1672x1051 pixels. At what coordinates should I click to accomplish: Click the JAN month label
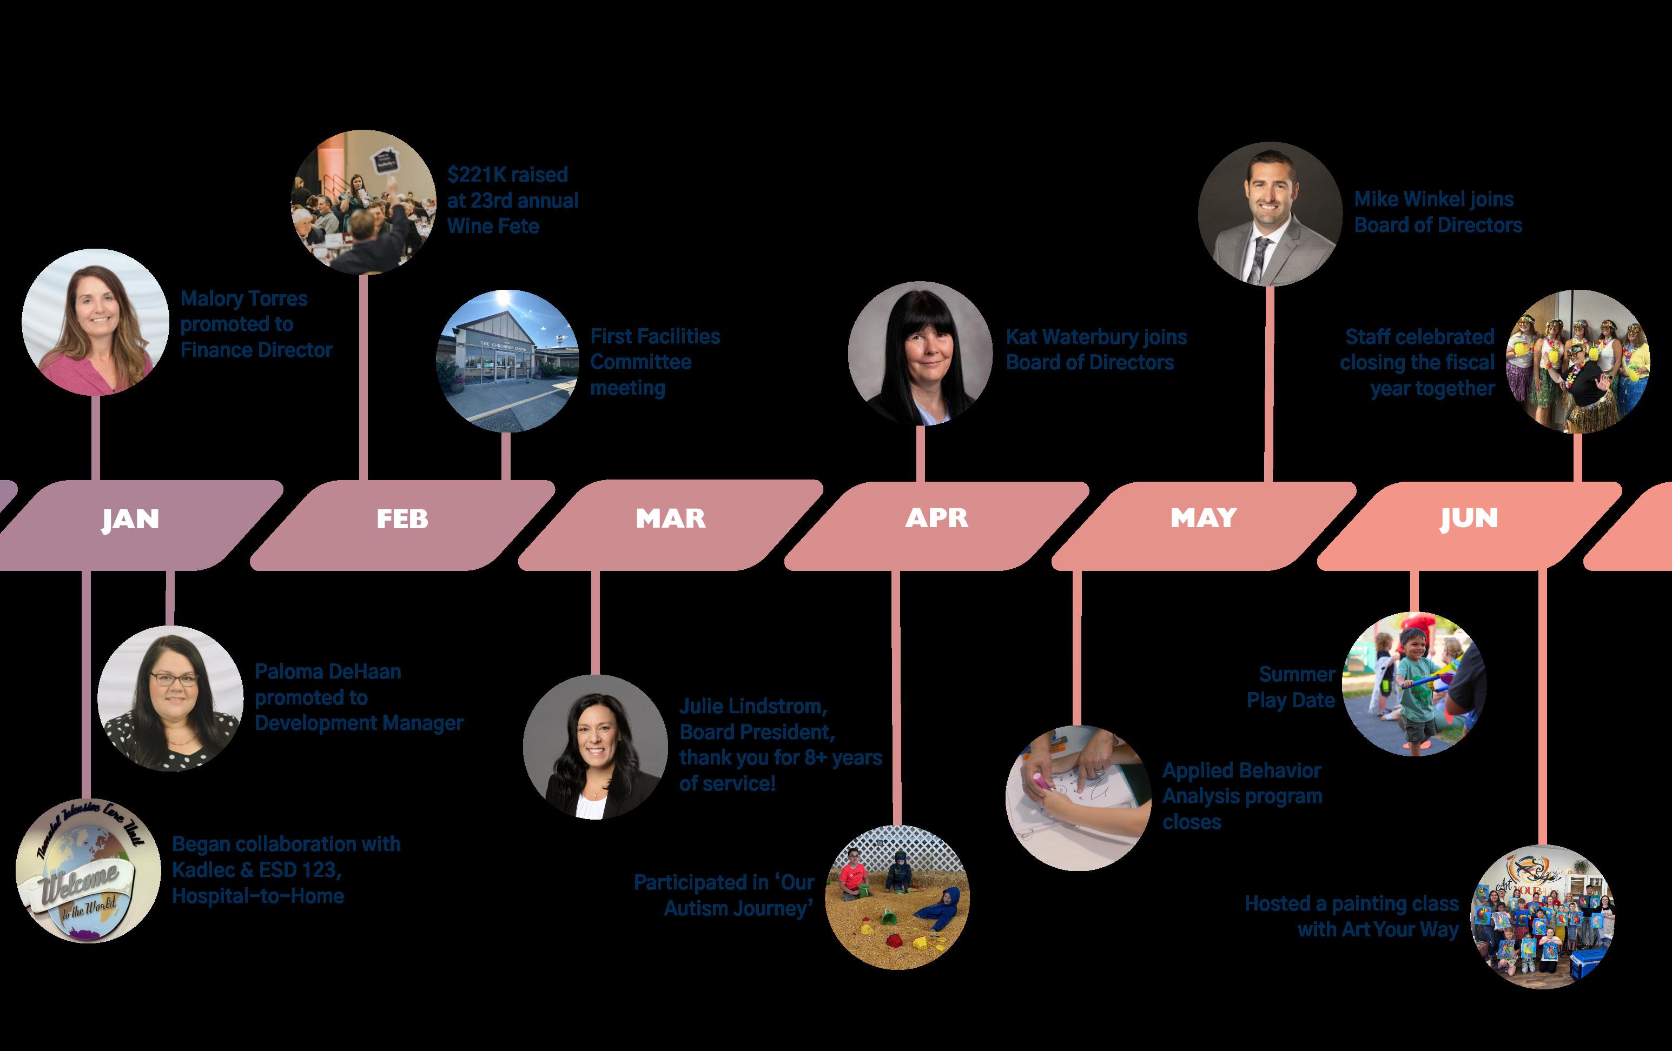pyautogui.click(x=130, y=519)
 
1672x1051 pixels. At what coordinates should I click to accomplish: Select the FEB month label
pyautogui.click(x=402, y=519)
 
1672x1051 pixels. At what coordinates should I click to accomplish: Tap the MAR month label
pyautogui.click(x=671, y=518)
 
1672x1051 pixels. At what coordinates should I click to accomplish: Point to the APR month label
pyautogui.click(x=936, y=518)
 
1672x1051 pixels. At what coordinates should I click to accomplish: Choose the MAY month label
pyautogui.click(x=1204, y=518)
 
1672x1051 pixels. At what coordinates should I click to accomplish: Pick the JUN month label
pyautogui.click(x=1469, y=518)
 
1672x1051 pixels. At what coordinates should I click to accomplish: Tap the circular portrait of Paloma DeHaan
pyautogui.click(x=170, y=697)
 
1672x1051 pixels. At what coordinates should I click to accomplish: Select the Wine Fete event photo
pyautogui.click(x=363, y=202)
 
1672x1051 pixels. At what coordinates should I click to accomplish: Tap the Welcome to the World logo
pyautogui.click(x=88, y=870)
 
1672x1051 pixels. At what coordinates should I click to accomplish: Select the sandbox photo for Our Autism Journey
pyautogui.click(x=898, y=897)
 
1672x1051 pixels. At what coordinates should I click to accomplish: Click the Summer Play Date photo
pyautogui.click(x=1413, y=684)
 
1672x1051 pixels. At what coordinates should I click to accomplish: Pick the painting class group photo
pyautogui.click(x=1542, y=916)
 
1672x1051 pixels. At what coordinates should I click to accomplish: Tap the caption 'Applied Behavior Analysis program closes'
pyautogui.click(x=1241, y=796)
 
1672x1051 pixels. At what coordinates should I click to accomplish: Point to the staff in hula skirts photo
pyautogui.click(x=1577, y=362)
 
